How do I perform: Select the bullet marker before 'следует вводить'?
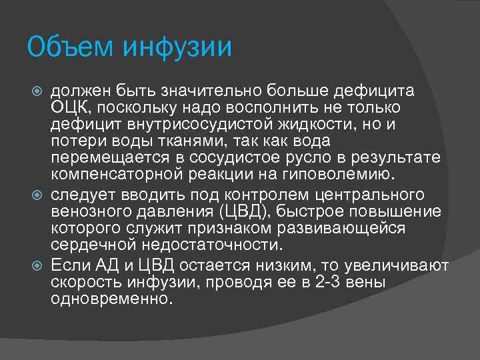pos(37,195)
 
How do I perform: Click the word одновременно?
pos(111,298)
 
